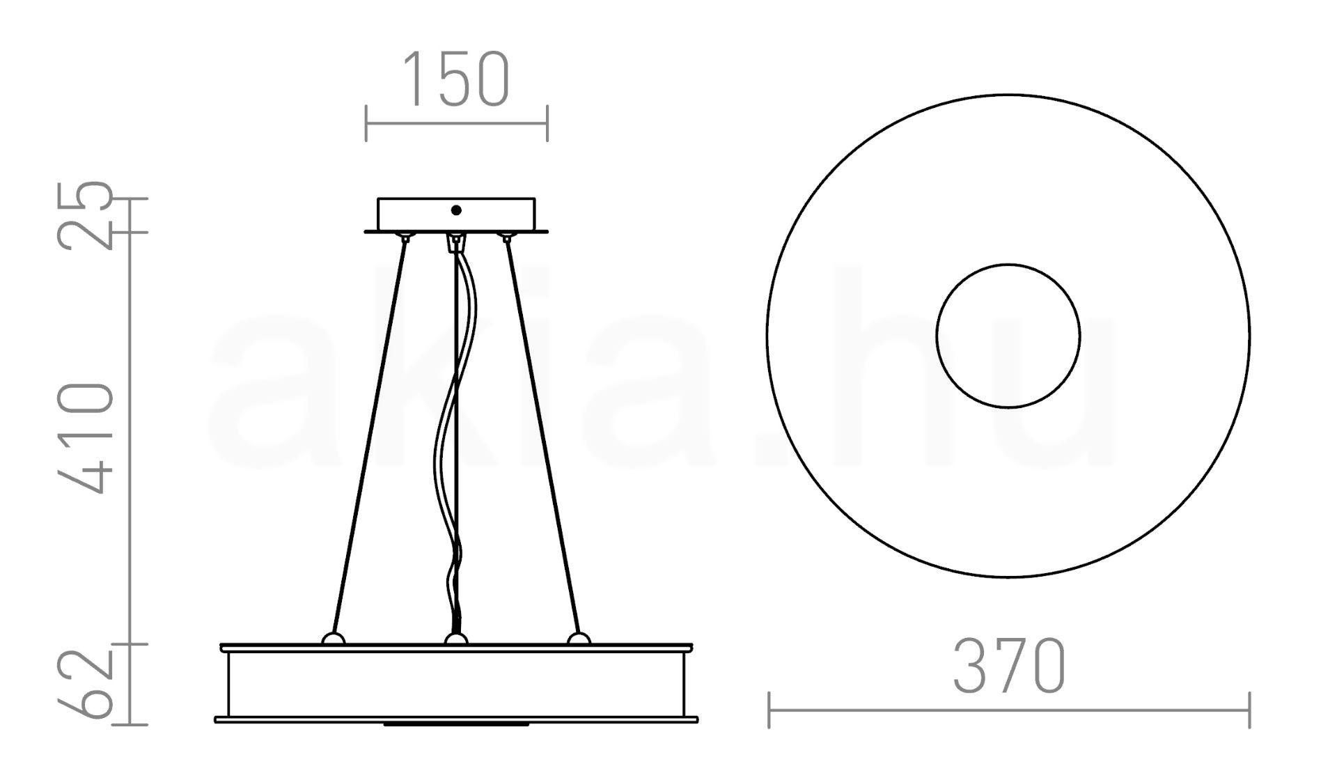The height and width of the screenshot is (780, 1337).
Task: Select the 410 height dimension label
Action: pos(85,438)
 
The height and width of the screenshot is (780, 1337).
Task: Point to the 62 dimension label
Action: pos(85,684)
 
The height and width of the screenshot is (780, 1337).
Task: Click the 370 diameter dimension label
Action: pos(1009,666)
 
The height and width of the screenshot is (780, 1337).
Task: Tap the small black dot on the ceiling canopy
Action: pos(456,210)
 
